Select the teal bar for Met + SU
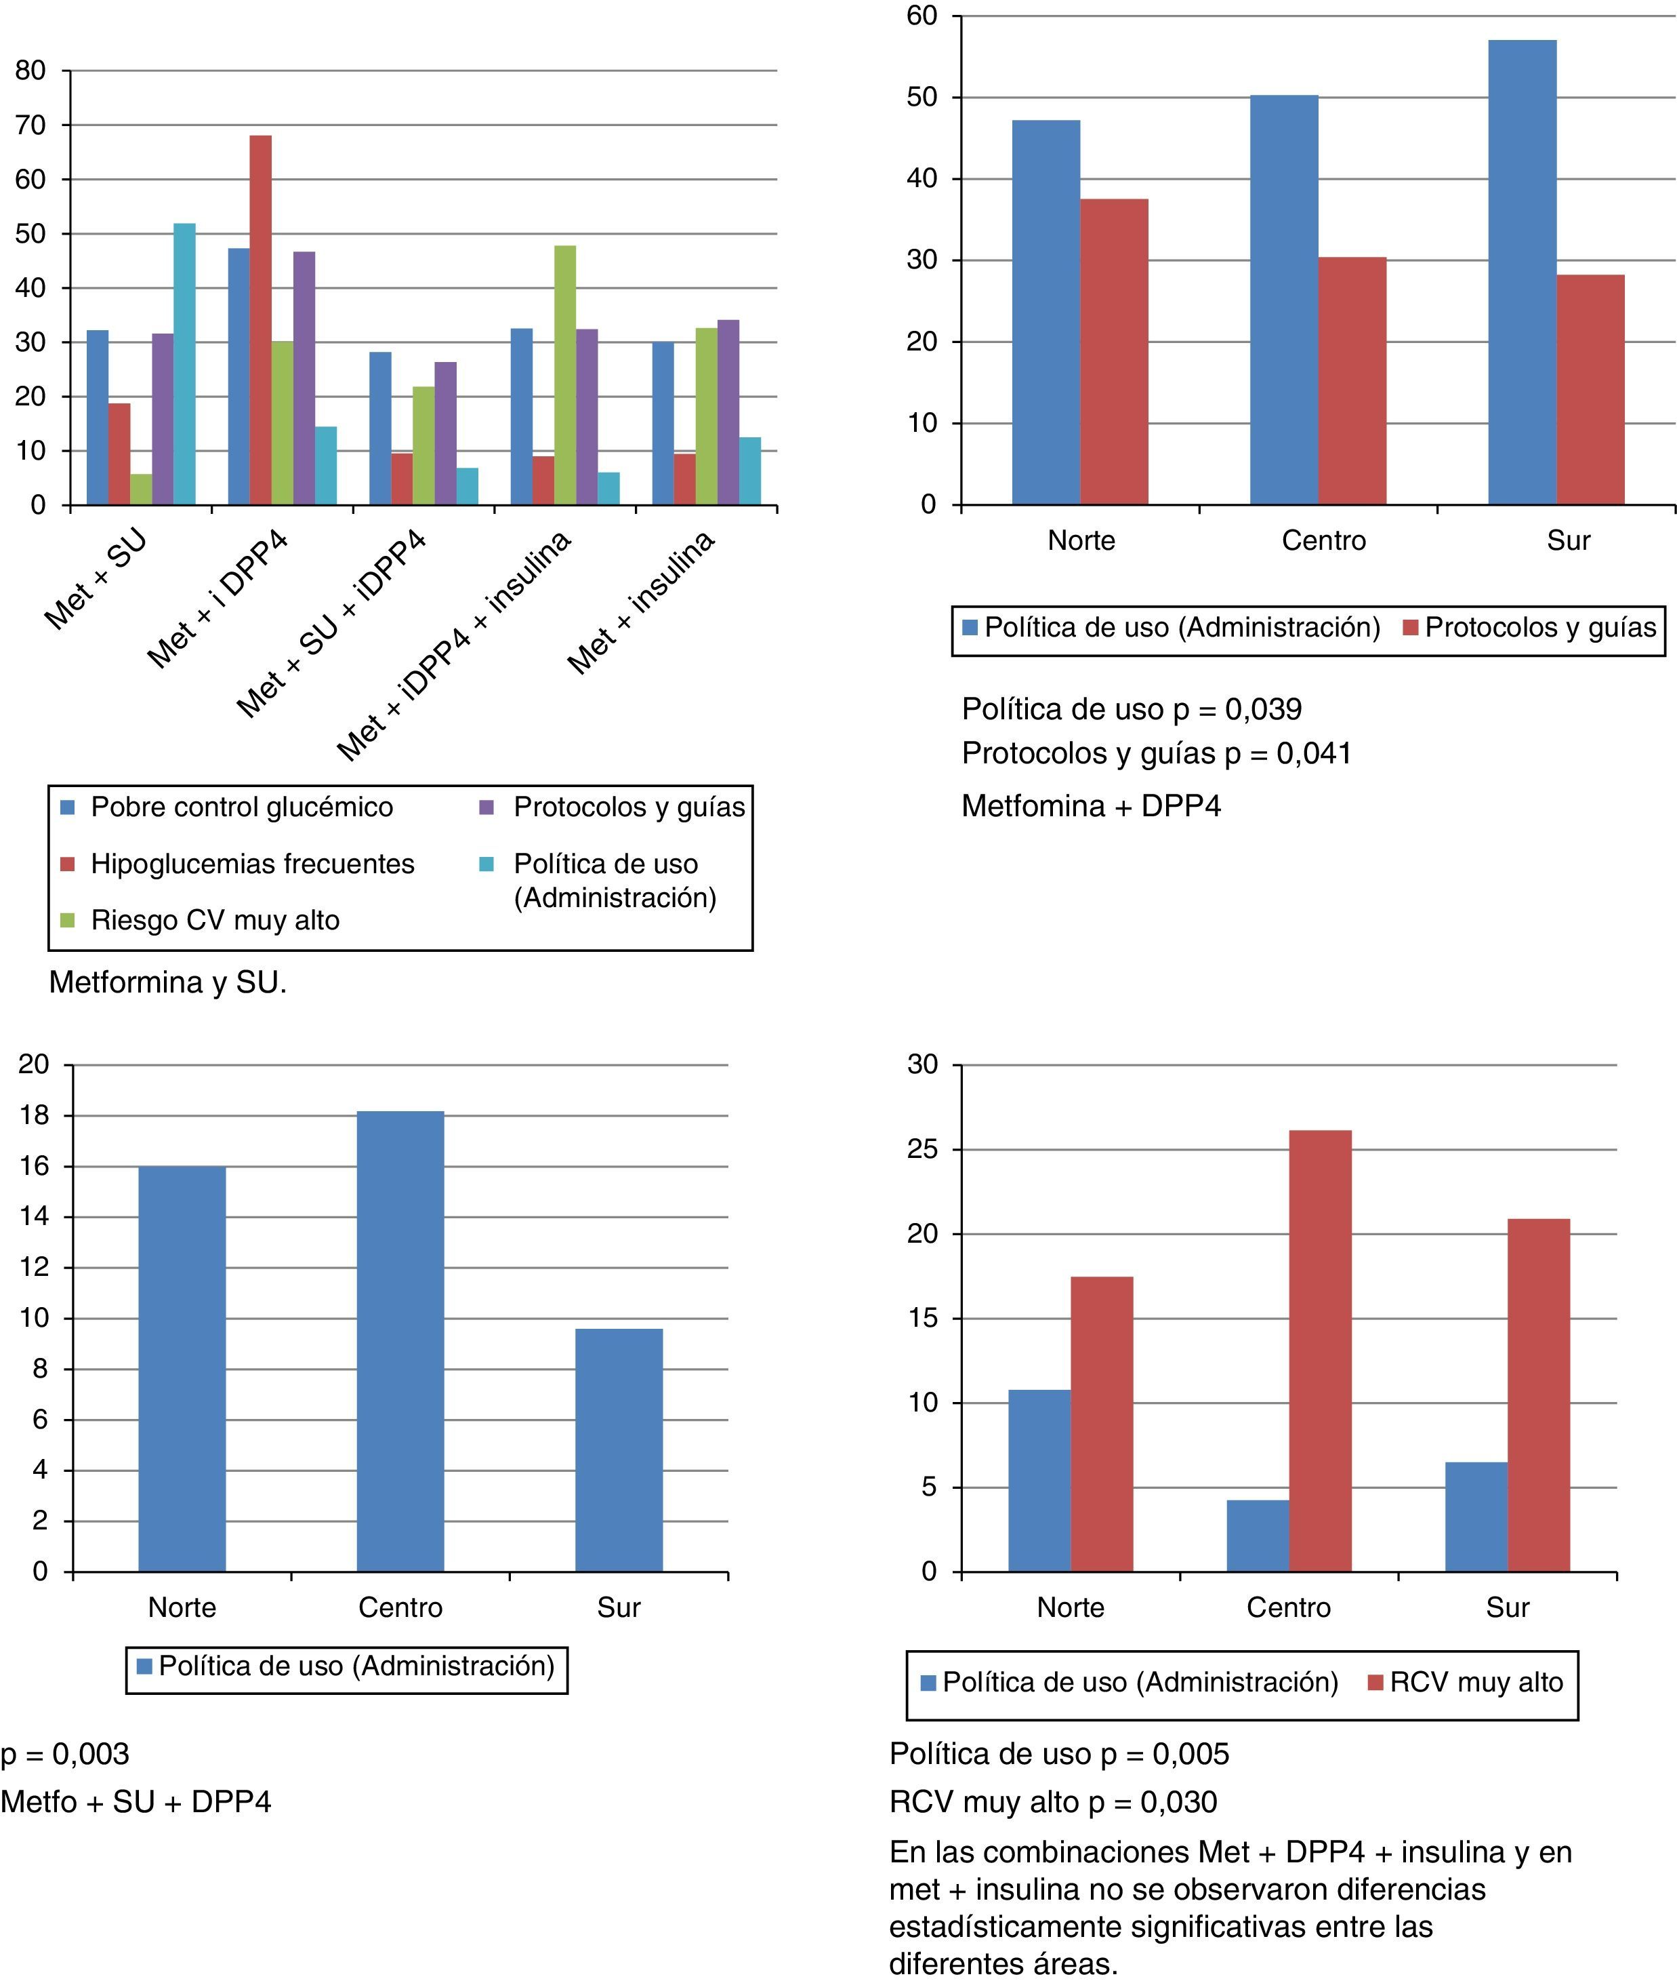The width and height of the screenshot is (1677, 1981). click(184, 363)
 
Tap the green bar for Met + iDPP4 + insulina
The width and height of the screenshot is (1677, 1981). click(564, 375)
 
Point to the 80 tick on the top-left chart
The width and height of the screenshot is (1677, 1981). click(31, 71)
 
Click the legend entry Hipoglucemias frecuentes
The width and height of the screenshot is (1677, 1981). click(252, 864)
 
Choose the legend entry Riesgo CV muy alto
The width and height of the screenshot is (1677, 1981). click(215, 919)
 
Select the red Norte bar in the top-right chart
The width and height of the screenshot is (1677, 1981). click(1113, 351)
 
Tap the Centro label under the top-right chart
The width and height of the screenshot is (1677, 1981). click(1323, 540)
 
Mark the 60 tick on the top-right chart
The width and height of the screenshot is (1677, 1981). click(922, 16)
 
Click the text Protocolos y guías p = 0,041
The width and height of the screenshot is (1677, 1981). click(1156, 753)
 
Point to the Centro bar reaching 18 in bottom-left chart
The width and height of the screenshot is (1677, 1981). click(400, 1341)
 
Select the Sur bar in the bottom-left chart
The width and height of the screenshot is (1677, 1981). click(619, 1449)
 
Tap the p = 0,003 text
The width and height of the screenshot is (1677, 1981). click(64, 1754)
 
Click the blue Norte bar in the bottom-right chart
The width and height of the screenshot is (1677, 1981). click(1039, 1480)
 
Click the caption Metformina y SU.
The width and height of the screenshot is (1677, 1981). click(167, 982)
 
